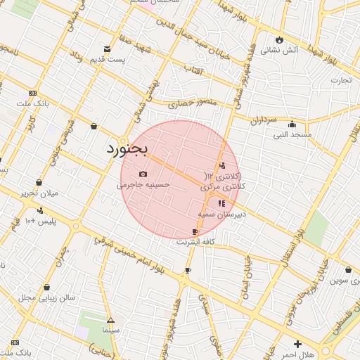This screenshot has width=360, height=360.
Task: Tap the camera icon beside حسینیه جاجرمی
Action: coord(143,174)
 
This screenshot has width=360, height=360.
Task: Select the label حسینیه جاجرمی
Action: coord(143,185)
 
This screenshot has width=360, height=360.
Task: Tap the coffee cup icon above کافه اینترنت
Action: coord(195,231)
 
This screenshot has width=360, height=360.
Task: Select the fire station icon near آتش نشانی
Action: coord(280,39)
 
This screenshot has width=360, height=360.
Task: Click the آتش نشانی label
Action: coord(280,50)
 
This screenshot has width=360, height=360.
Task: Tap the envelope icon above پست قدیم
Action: coord(107,49)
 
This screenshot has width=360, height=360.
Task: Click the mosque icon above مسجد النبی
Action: coord(292,124)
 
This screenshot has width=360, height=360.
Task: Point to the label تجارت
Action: coord(341,79)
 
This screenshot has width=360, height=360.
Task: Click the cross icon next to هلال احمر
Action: coord(298,345)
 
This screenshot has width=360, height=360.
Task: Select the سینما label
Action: coord(110,329)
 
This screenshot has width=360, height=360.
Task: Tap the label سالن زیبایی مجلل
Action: coord(46,297)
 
